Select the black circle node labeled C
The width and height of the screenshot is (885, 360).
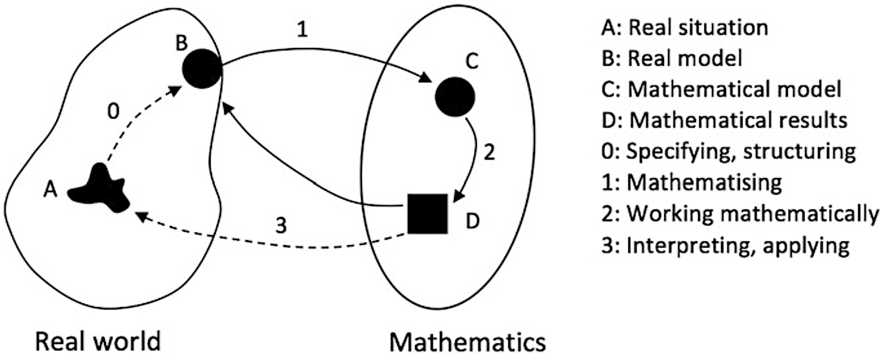point(455,97)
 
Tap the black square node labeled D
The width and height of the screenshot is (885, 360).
point(427,213)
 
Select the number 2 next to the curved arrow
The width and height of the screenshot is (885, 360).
point(490,153)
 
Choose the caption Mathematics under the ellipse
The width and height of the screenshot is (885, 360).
point(468,342)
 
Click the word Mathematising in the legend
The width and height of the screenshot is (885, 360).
point(704,183)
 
